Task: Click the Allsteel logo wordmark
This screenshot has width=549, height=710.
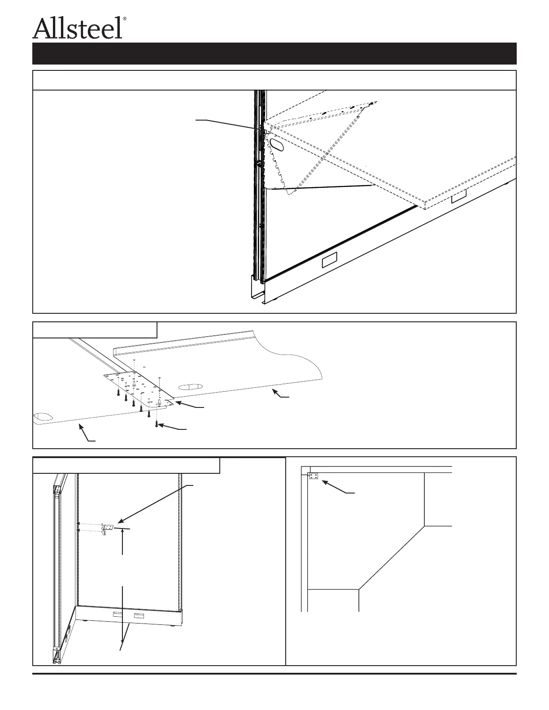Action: [x=77, y=28]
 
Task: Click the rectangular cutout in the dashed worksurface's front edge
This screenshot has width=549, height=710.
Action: [x=458, y=196]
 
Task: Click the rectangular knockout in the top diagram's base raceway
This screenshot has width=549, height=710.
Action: [x=330, y=260]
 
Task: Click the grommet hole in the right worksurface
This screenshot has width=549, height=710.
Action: [x=190, y=386]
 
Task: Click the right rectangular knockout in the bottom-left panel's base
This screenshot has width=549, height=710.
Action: [x=139, y=617]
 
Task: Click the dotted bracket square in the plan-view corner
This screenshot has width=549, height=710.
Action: [x=313, y=476]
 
